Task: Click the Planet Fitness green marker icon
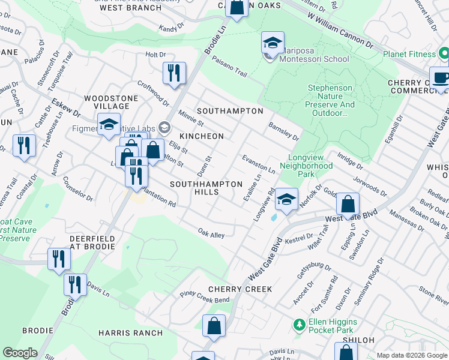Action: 444,55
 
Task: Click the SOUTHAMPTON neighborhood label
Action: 230,111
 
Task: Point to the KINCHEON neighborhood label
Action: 200,136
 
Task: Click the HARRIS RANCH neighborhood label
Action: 130,333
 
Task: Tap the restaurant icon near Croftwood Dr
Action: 174,73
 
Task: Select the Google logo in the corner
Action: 20,353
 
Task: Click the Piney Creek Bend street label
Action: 205,296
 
